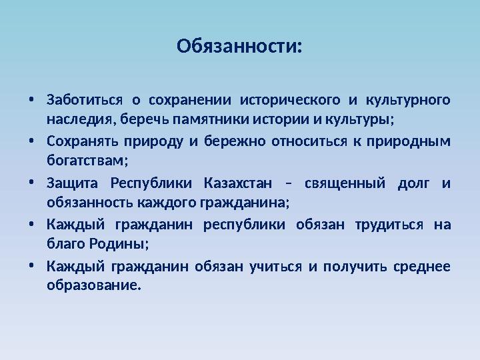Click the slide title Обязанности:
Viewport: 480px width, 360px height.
(x=239, y=47)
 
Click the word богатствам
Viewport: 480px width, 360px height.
(x=86, y=162)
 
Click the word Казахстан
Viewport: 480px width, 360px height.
(x=238, y=183)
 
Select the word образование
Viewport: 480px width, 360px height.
(x=94, y=286)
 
